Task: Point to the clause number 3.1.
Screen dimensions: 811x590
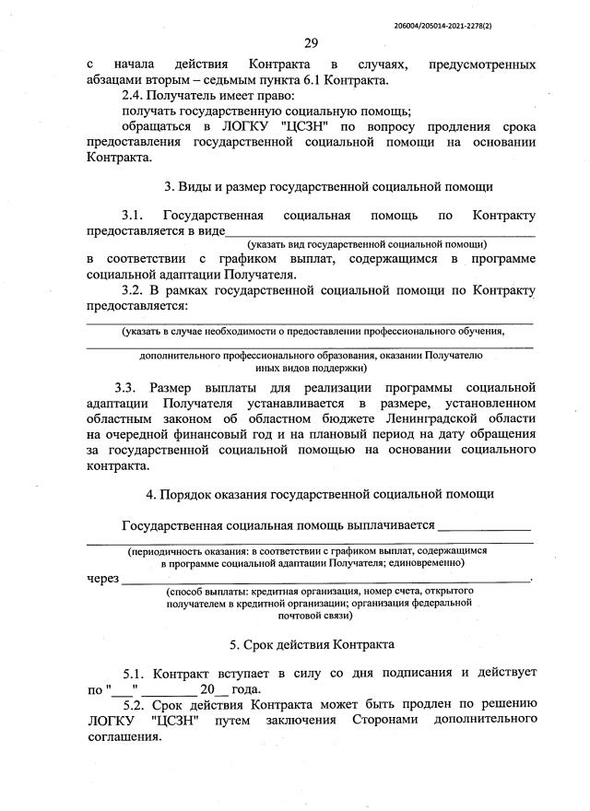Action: [135, 216]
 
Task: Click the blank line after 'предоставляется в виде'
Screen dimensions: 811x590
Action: [380, 232]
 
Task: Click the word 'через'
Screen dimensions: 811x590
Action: [102, 578]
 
